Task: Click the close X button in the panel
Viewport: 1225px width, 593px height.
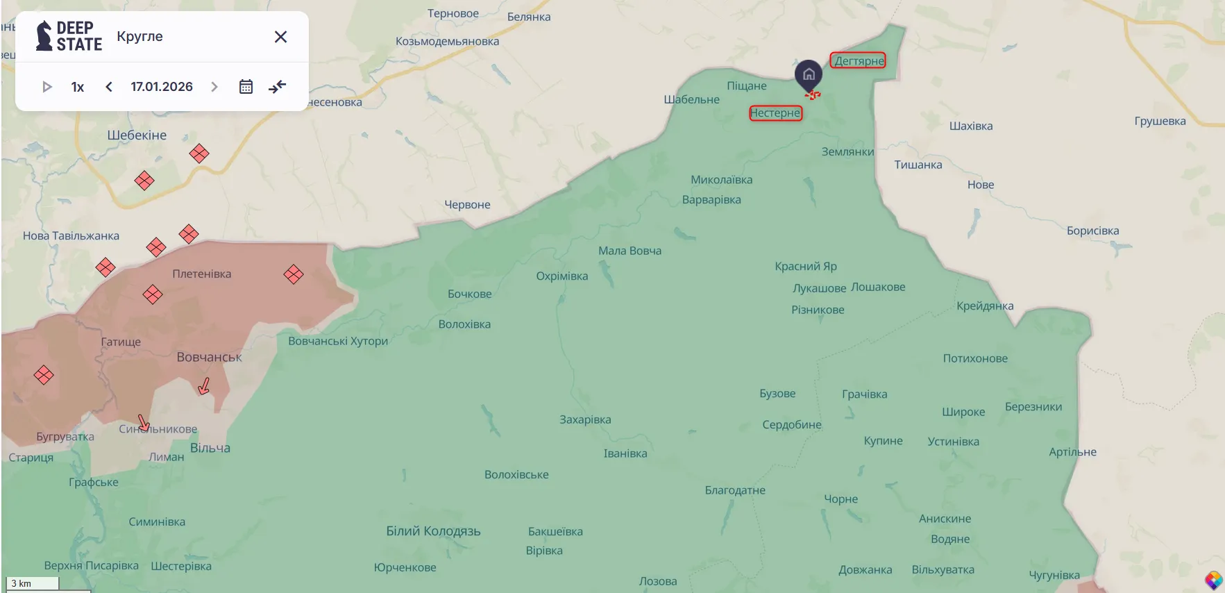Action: (280, 37)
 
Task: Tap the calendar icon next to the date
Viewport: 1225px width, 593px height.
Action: (246, 87)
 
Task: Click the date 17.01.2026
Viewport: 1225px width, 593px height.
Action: (162, 87)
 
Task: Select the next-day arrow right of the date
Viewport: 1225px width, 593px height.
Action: (214, 87)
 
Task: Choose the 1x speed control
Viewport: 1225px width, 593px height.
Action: (78, 87)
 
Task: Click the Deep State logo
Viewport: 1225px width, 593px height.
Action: (69, 36)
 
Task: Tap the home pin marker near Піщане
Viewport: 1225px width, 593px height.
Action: (809, 75)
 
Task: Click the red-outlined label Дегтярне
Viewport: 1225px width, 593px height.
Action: (859, 60)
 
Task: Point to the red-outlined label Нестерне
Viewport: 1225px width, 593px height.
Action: (775, 112)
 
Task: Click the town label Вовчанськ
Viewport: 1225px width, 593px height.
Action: (209, 357)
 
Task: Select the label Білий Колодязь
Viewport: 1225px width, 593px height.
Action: (433, 531)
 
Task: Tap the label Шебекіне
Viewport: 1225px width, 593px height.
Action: (137, 135)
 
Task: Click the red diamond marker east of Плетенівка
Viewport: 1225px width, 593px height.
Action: (294, 274)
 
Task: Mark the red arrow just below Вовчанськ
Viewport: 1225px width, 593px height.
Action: (204, 386)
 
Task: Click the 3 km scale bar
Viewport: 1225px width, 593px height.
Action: (32, 583)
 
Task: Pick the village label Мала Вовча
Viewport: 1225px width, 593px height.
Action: (630, 251)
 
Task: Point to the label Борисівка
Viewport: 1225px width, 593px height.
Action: (1092, 231)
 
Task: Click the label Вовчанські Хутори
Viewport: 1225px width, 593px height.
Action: (338, 341)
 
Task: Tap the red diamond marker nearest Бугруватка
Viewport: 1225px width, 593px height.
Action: (44, 376)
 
